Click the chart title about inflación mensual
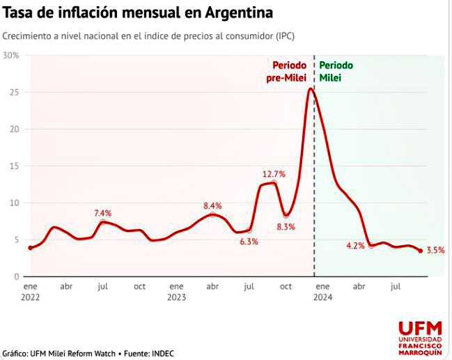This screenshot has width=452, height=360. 138,13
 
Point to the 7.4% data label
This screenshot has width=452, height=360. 104,212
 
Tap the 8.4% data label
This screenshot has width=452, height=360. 212,205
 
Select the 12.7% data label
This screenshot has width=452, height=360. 274,174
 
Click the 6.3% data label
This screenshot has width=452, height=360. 249,242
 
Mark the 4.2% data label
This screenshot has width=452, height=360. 355,246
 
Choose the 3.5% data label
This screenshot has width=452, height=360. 435,250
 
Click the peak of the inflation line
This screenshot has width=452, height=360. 311,88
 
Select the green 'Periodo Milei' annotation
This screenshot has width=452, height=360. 336,72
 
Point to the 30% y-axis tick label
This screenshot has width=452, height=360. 10,55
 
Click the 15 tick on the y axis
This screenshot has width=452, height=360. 14,166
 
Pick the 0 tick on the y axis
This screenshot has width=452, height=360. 16,276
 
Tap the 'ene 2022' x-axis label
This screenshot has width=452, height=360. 30,292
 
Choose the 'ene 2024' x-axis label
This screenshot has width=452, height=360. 322,292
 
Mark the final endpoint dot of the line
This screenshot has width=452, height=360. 420,251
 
